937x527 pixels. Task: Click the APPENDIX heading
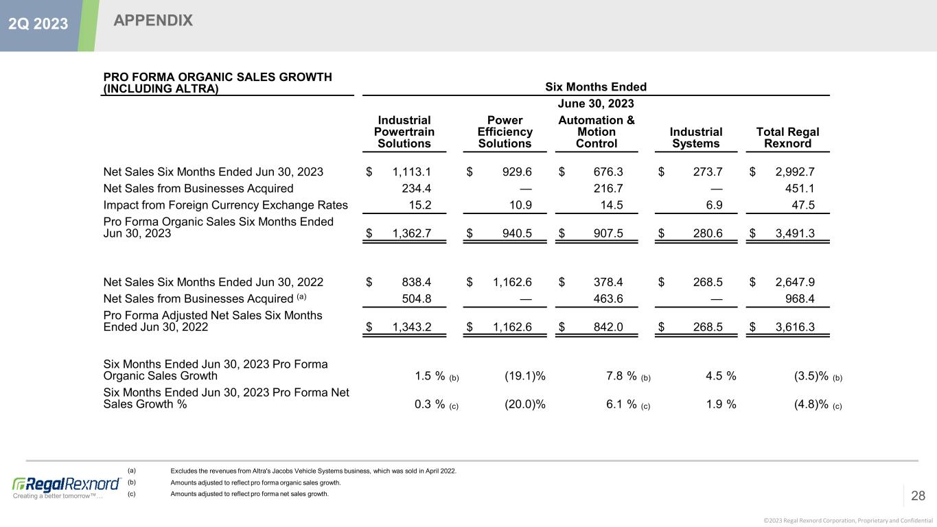tap(153, 21)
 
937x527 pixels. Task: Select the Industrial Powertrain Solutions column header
tap(404, 132)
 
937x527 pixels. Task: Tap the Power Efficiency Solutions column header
tap(505, 132)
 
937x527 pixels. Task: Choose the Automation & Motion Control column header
tap(596, 132)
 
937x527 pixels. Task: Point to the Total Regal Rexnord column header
tap(787, 137)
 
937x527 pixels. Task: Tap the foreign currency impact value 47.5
tap(802, 204)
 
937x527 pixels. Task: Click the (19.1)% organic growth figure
tap(525, 375)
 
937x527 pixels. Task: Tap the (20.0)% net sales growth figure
tap(525, 404)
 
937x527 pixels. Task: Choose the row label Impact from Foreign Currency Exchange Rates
tap(225, 204)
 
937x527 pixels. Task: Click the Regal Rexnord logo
tap(67, 484)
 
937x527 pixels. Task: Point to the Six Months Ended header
tap(595, 87)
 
